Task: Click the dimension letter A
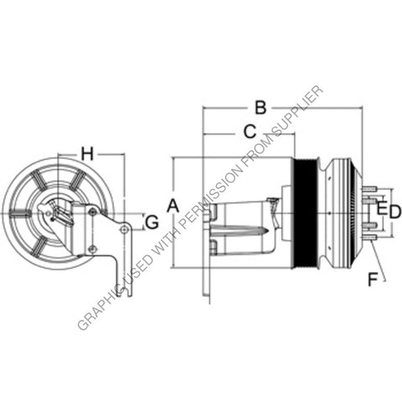(173, 205)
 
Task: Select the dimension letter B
(260, 107)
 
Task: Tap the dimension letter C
(249, 131)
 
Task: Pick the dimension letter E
(382, 206)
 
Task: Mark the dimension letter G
(152, 222)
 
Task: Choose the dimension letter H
(87, 152)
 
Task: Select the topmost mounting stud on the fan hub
(369, 188)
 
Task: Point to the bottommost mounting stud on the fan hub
(369, 239)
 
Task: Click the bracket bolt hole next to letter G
(124, 229)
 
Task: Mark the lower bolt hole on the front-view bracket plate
(92, 249)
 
